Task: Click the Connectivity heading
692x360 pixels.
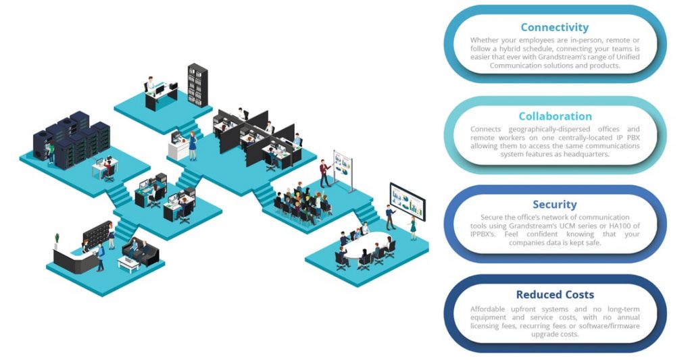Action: (554, 27)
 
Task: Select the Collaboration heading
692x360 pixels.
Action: (555, 116)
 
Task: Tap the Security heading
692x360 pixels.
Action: (554, 204)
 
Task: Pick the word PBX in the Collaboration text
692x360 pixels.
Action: (633, 137)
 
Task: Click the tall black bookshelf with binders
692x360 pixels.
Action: (197, 84)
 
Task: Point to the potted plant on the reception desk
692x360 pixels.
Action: (57, 241)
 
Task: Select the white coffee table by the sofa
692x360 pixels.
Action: (129, 264)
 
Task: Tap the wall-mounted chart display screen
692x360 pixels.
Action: (407, 201)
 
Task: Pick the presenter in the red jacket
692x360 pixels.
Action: (325, 173)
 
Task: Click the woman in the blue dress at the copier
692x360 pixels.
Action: (193, 146)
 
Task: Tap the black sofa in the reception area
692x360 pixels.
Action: (141, 251)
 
